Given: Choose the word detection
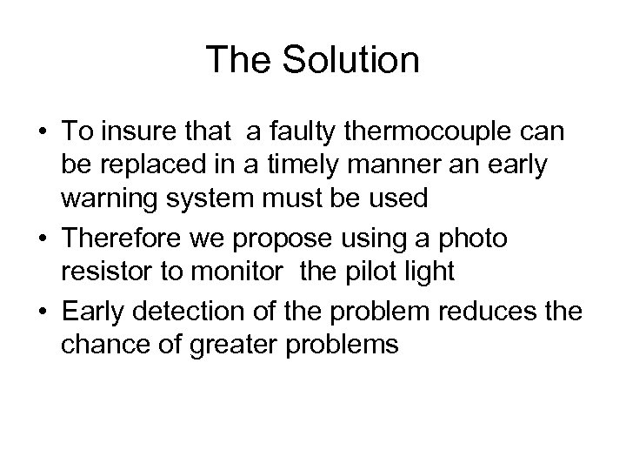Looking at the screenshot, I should [203, 312].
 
